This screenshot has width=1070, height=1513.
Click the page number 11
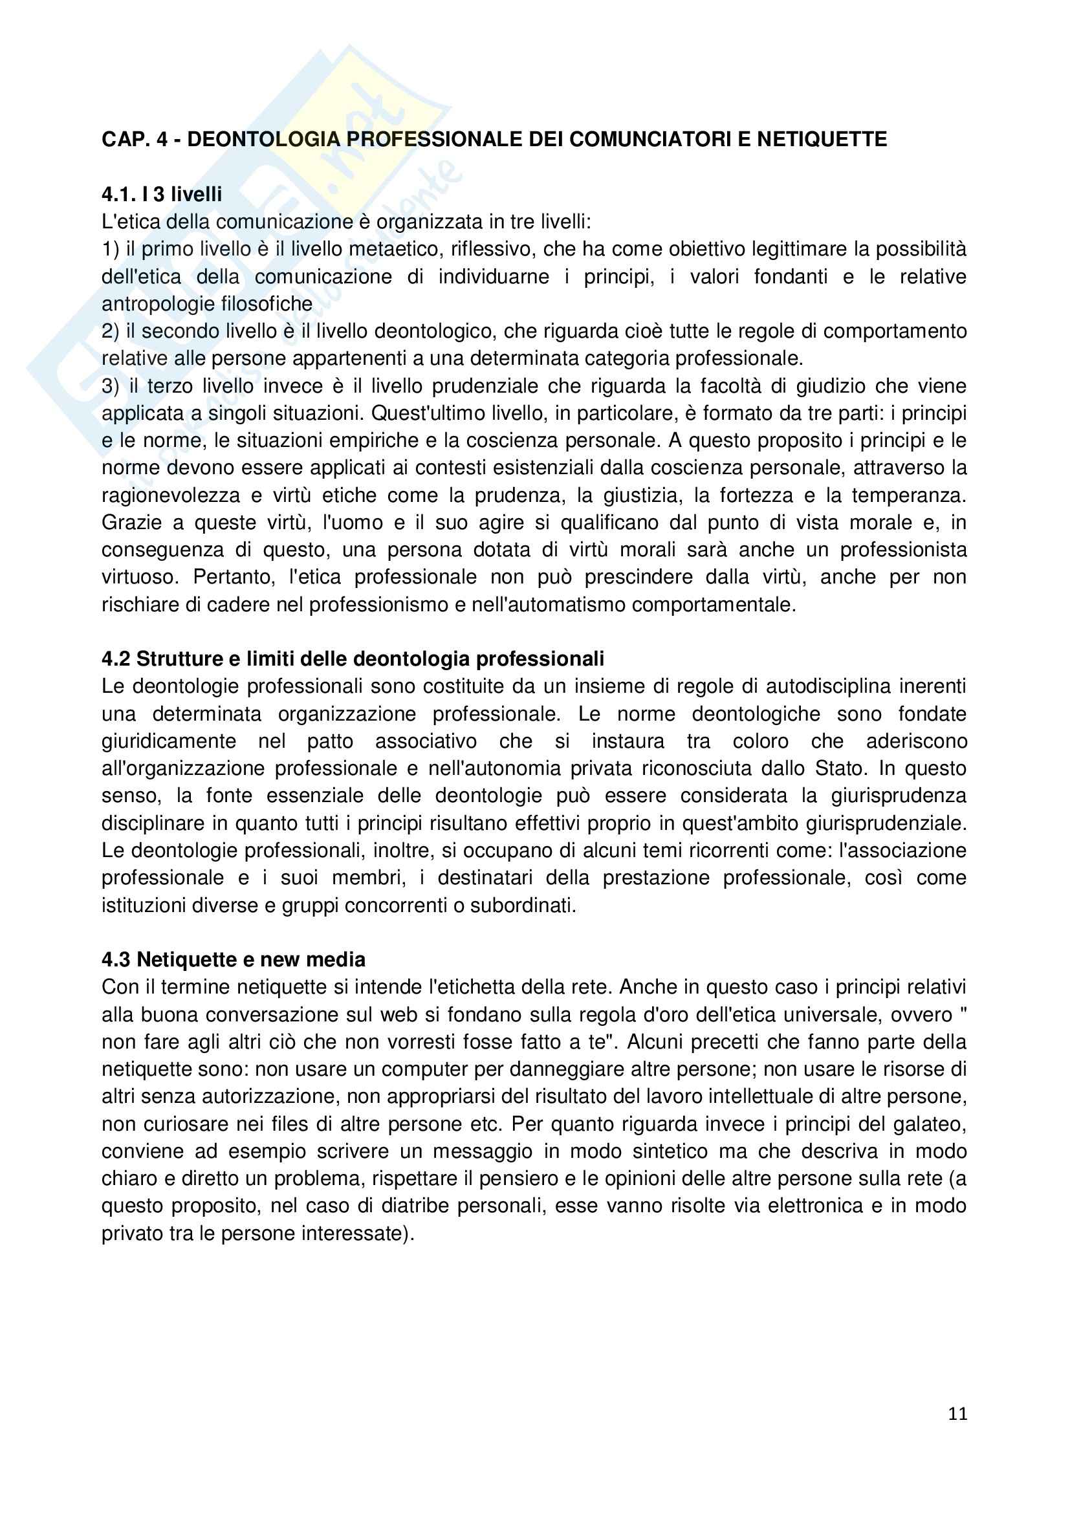957,1413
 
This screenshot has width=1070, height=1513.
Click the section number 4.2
116,659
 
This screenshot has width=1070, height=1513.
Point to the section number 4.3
116,959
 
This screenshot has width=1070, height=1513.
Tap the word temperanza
908,495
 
